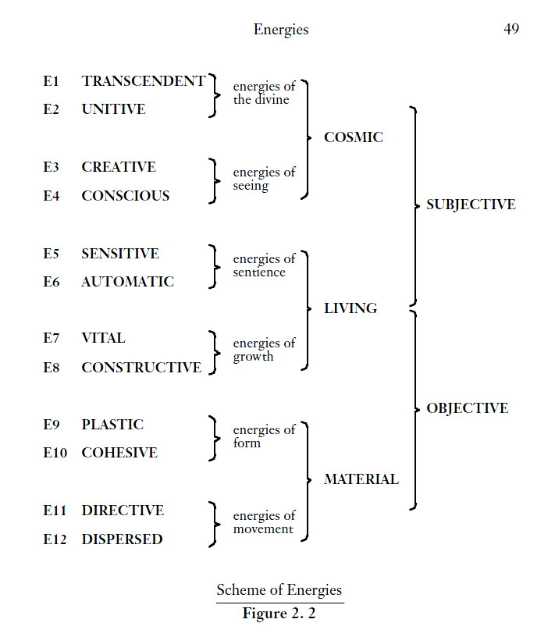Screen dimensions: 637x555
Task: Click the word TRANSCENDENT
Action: click(144, 81)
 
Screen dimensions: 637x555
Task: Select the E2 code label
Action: click(52, 110)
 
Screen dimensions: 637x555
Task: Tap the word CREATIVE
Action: click(119, 167)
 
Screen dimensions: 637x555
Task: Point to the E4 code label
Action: click(52, 196)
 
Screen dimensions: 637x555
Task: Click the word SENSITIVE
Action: click(120, 254)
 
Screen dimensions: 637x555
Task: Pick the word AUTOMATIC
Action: click(128, 282)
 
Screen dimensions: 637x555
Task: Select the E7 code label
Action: click(52, 339)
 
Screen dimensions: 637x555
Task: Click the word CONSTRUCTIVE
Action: click(141, 368)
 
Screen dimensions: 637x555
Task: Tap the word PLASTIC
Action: click(112, 425)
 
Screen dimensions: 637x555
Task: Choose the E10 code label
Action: click(55, 453)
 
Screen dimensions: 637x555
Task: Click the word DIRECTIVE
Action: click(123, 511)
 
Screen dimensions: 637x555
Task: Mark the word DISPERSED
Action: click(122, 539)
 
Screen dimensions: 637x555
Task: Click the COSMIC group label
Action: click(354, 137)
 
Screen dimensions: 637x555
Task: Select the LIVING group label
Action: click(350, 308)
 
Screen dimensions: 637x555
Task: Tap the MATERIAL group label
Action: click(361, 479)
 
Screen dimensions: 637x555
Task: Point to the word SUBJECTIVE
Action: click(471, 205)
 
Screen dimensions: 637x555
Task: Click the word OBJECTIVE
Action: click(467, 408)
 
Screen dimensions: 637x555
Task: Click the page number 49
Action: click(511, 30)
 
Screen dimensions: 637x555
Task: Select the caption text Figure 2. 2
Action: click(279, 614)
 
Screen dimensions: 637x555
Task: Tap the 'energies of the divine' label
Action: click(263, 94)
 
